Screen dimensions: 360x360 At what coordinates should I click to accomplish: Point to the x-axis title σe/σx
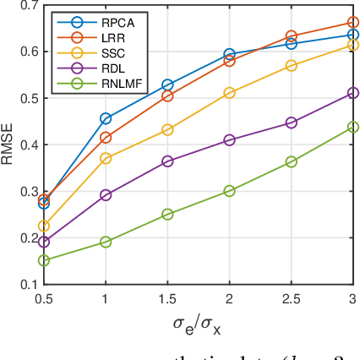pyautogui.click(x=198, y=323)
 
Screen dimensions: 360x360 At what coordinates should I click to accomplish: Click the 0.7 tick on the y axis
pyautogui.click(x=28, y=6)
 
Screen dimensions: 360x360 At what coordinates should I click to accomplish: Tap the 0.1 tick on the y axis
pyautogui.click(x=28, y=285)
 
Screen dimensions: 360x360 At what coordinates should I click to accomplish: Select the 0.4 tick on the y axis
pyautogui.click(x=28, y=145)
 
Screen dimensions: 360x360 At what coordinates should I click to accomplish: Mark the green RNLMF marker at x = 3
pyautogui.click(x=353, y=127)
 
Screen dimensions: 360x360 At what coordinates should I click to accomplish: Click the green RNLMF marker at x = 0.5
pyautogui.click(x=44, y=260)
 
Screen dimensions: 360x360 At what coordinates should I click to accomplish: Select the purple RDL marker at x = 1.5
pyautogui.click(x=167, y=161)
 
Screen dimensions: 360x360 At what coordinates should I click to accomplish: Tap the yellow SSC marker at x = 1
pyautogui.click(x=106, y=158)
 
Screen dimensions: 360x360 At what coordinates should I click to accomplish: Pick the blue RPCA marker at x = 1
pyautogui.click(x=106, y=118)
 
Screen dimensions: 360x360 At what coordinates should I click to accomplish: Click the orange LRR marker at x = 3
pyautogui.click(x=353, y=23)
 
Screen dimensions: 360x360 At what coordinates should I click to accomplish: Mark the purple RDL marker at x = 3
pyautogui.click(x=353, y=93)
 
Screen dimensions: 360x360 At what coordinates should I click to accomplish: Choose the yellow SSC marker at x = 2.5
pyautogui.click(x=292, y=65)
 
